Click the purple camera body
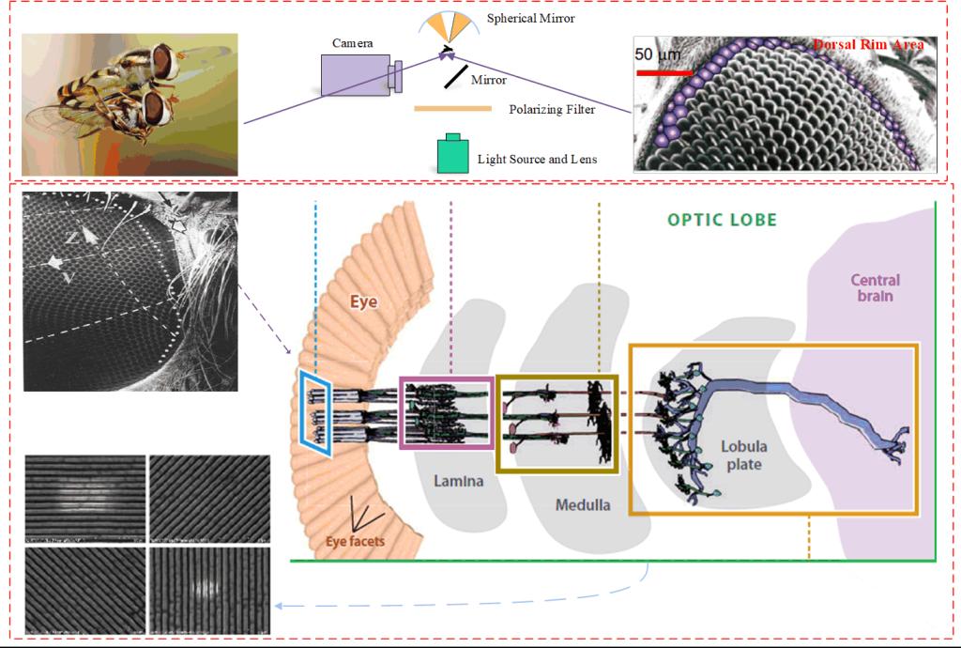click(354, 75)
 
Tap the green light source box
click(454, 154)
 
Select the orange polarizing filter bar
click(453, 109)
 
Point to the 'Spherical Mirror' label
click(531, 19)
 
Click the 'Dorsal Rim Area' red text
click(868, 44)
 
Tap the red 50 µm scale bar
click(664, 71)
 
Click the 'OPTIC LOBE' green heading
click(722, 220)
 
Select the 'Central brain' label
click(875, 287)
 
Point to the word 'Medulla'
click(582, 504)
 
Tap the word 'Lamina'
click(458, 481)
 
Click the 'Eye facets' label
click(355, 541)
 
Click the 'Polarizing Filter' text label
click(552, 110)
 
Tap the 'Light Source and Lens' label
click(537, 160)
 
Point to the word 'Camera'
click(353, 43)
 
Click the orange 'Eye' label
click(364, 302)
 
